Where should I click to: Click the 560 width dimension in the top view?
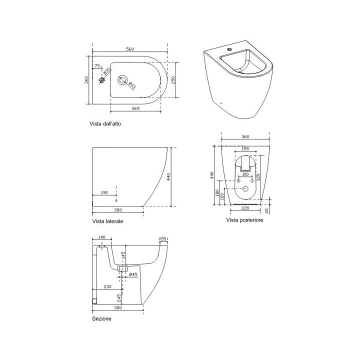tap(129, 49)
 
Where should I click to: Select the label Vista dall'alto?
tap(105, 123)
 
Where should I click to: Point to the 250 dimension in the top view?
tap(173, 80)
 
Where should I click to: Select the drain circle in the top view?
tap(122, 80)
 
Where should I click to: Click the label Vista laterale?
tap(107, 220)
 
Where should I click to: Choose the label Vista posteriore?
tap(244, 219)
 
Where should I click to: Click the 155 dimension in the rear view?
tap(245, 148)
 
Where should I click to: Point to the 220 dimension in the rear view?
tap(244, 208)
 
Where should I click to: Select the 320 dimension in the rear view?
tap(258, 176)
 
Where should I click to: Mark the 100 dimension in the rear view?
tap(245, 174)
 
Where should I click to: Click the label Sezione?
tap(101, 318)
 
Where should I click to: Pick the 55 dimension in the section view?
tap(163, 239)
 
